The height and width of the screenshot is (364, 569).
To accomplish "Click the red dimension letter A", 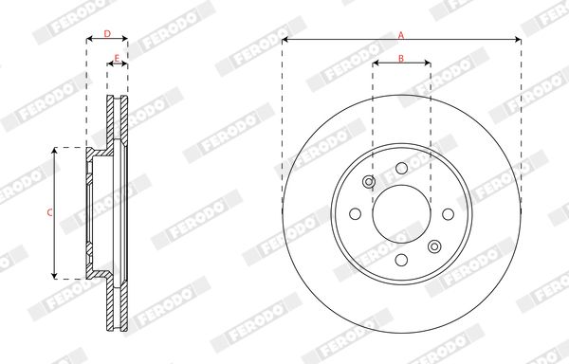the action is pyautogui.click(x=401, y=35).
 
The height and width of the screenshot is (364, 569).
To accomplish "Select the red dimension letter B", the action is pyautogui.click(x=401, y=58).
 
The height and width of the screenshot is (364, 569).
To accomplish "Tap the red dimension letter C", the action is pyautogui.click(x=49, y=212).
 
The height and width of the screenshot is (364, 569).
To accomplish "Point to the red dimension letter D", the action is pyautogui.click(x=107, y=34).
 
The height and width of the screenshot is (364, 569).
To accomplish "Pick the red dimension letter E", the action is pyautogui.click(x=117, y=58).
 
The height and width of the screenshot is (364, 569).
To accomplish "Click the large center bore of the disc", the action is pyautogui.click(x=401, y=214).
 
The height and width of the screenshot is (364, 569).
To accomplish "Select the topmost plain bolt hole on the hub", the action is pyautogui.click(x=401, y=168).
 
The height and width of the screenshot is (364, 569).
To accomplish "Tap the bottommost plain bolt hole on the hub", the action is pyautogui.click(x=401, y=260).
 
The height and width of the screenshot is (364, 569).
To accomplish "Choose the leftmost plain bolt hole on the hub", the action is pyautogui.click(x=356, y=214).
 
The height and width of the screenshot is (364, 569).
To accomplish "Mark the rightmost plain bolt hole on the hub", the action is pyautogui.click(x=449, y=214).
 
